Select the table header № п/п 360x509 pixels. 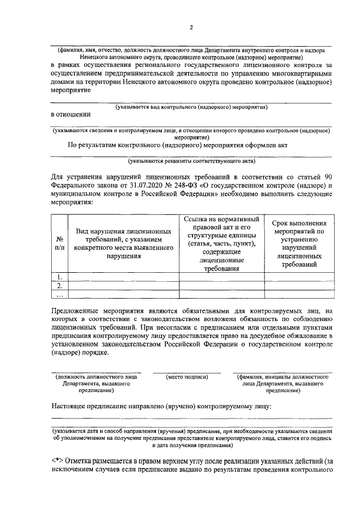[x=60, y=242]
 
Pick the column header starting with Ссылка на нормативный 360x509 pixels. [x=222, y=243]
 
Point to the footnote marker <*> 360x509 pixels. [x=57, y=460]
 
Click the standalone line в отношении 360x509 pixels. [x=70, y=114]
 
